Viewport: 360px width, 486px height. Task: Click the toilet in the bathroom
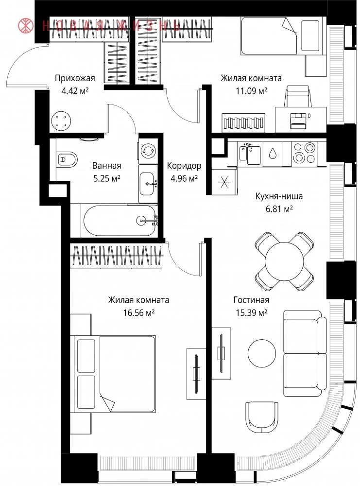[67, 159]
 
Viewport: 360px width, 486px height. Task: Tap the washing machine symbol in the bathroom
[148, 151]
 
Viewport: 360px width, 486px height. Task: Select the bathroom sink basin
[147, 184]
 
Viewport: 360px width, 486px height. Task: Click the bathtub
[120, 221]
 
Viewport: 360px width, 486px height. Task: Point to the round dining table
[284, 261]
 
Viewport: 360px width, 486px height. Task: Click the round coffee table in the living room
[262, 353]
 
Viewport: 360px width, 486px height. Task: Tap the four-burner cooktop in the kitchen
[305, 153]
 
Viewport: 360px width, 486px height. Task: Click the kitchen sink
[250, 154]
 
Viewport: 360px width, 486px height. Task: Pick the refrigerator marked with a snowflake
[224, 182]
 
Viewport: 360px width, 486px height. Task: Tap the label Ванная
[106, 166]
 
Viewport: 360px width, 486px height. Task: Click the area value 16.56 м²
[139, 313]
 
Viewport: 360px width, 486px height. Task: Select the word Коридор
[184, 166]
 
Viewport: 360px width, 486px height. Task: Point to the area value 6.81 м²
[279, 209]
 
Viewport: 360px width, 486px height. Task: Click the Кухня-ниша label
[279, 196]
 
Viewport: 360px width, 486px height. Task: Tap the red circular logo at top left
[26, 26]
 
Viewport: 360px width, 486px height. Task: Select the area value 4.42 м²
[75, 91]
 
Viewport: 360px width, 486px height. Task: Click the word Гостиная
[251, 300]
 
